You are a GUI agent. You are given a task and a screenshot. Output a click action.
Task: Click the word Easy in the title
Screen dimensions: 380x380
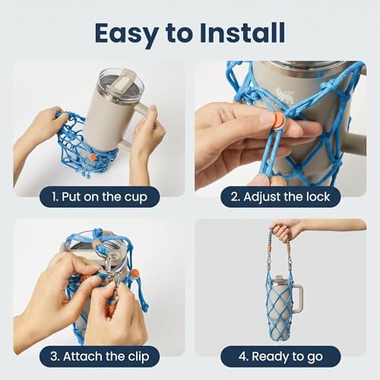point(126,34)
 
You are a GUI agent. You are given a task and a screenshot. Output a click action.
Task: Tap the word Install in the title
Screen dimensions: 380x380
point(242,33)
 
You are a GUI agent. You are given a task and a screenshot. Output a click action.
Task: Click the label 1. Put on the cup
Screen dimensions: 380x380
point(100,197)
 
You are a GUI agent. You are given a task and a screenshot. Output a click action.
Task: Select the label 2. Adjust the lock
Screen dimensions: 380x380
point(280,197)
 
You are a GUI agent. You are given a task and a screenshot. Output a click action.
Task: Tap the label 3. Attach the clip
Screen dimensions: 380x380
point(100,356)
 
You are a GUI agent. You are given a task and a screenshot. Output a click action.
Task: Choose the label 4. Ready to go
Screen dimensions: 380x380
point(280,356)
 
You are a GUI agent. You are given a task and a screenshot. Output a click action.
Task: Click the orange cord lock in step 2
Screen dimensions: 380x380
point(280,119)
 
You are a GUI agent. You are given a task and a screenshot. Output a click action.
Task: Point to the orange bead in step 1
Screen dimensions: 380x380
point(93,157)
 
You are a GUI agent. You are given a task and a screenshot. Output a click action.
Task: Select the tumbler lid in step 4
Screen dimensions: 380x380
point(280,279)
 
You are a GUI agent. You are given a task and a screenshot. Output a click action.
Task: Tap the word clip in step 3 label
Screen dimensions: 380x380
point(138,356)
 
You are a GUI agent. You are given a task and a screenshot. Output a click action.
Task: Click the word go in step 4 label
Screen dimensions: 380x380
point(315,357)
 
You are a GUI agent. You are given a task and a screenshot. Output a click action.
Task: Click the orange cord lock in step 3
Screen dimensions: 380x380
point(135,274)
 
